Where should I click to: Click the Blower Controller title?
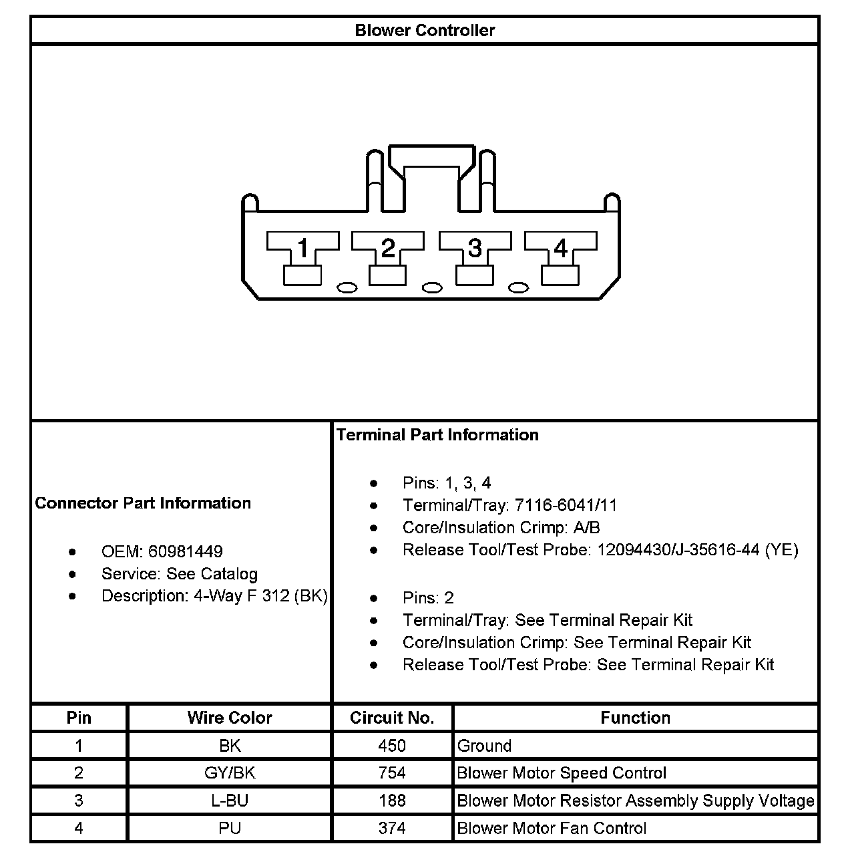coord(425,31)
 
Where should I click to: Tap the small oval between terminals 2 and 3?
coord(433,287)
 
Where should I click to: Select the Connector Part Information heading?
coord(143,503)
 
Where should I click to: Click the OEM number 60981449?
coord(186,552)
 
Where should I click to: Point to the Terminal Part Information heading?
coord(437,435)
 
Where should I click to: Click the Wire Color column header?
coord(230,718)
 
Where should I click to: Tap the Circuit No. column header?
coord(392,718)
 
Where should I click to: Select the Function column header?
coord(635,718)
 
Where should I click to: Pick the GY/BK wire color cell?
coord(230,773)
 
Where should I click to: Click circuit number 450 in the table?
coord(392,746)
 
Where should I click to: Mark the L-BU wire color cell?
coord(230,801)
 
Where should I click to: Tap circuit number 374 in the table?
coord(392,829)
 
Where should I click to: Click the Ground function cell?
coord(484,746)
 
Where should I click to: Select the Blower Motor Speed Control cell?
coord(562,773)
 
